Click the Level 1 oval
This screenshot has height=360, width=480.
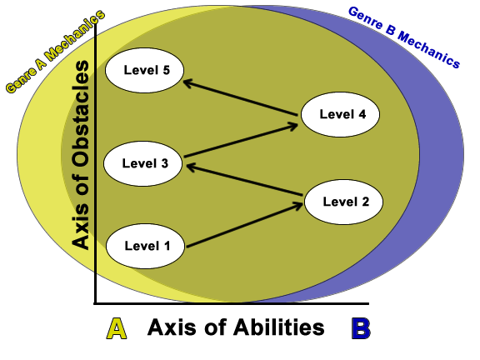click(x=145, y=247)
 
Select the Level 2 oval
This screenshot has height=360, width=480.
click(x=343, y=202)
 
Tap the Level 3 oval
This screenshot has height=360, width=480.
click(x=143, y=164)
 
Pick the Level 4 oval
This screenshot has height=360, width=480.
click(x=340, y=114)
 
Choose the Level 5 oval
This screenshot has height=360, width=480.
click(x=144, y=70)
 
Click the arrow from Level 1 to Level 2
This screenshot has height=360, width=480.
click(x=245, y=224)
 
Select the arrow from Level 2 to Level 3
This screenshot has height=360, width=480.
click(x=245, y=180)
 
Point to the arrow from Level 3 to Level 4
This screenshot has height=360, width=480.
click(x=241, y=140)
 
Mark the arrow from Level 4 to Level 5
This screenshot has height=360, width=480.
click(x=240, y=97)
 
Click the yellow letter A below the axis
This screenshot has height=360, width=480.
click(x=117, y=328)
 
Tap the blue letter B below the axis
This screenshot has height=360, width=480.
click(x=361, y=328)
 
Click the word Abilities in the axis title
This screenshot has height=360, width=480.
click(x=278, y=327)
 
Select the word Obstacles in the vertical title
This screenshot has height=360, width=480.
click(x=81, y=114)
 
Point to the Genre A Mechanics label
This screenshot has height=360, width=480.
click(x=55, y=51)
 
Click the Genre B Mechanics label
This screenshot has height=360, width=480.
click(x=404, y=37)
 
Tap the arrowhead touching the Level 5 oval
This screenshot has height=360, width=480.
click(x=187, y=82)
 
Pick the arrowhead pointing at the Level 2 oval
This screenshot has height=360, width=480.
click(x=297, y=205)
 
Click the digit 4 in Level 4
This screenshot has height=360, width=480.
click(x=362, y=114)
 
